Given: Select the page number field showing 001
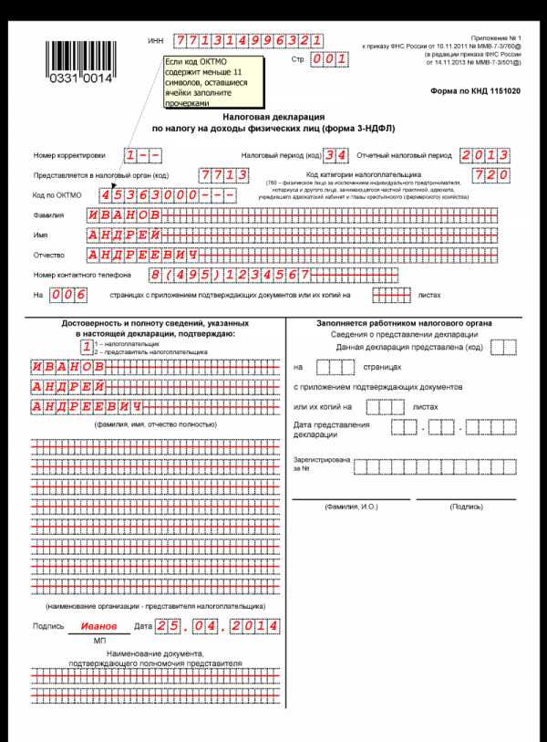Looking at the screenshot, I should (x=329, y=59).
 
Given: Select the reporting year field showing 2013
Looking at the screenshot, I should (x=485, y=154).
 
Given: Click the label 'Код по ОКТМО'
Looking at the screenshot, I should (x=57, y=195).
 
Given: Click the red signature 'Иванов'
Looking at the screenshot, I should (x=98, y=627).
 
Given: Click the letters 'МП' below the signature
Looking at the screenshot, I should (x=100, y=642).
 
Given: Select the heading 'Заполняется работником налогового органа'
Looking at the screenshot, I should (x=404, y=323).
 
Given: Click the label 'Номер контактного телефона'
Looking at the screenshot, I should (x=83, y=275).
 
